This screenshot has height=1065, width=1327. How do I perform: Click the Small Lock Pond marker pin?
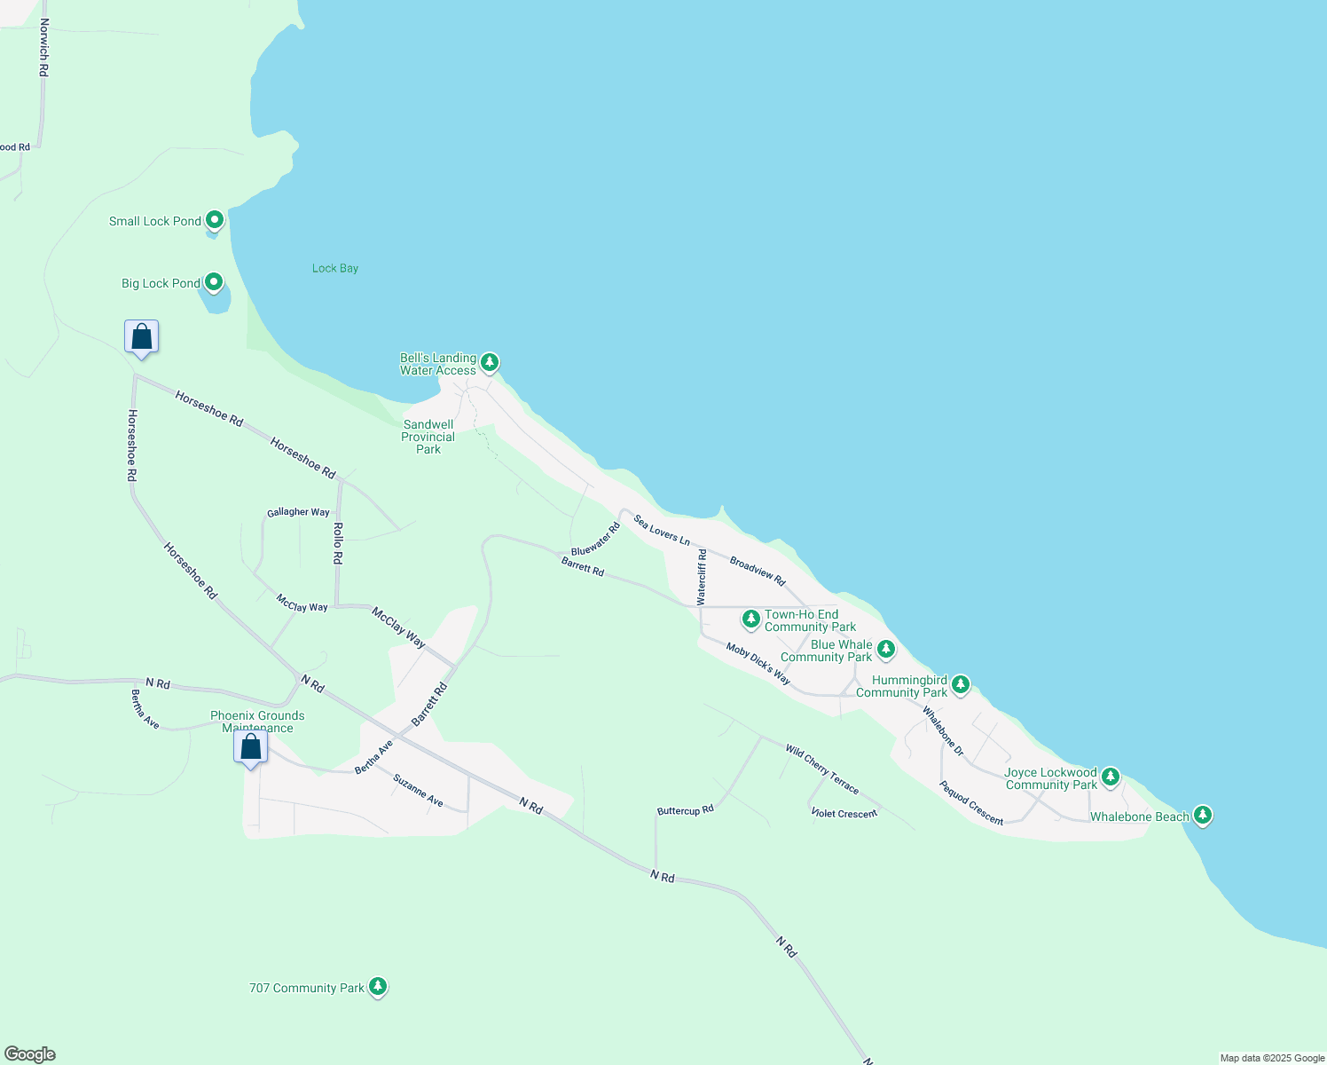pos(214,220)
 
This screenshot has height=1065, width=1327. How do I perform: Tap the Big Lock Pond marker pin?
pos(214,282)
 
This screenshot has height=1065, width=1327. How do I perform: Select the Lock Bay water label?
pos(335,268)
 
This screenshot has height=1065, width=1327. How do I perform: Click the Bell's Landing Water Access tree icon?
pos(489,362)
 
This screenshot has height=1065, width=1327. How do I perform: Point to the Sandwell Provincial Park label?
pos(428,437)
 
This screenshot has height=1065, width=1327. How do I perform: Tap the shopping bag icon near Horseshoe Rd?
pos(142,337)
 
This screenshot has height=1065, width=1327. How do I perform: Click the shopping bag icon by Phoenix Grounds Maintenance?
pos(251,746)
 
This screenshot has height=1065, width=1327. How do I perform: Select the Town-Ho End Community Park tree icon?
pos(751,619)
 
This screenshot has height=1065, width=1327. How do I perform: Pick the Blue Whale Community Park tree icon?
pos(885,650)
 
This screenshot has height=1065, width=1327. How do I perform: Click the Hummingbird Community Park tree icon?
pos(960,685)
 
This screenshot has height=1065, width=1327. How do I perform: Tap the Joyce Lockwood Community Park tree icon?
pos(1110,777)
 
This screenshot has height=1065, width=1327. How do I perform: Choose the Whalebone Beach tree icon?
pos(1202,815)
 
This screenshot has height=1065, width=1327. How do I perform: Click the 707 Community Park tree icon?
pos(378,986)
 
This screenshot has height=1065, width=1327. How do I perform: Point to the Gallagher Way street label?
pos(298,512)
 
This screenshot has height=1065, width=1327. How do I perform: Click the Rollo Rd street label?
pos(338,543)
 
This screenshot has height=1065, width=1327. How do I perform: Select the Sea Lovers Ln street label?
pos(662,530)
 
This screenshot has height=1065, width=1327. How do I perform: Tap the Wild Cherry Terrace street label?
pos(822,769)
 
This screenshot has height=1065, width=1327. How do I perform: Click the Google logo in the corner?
pos(30,1054)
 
